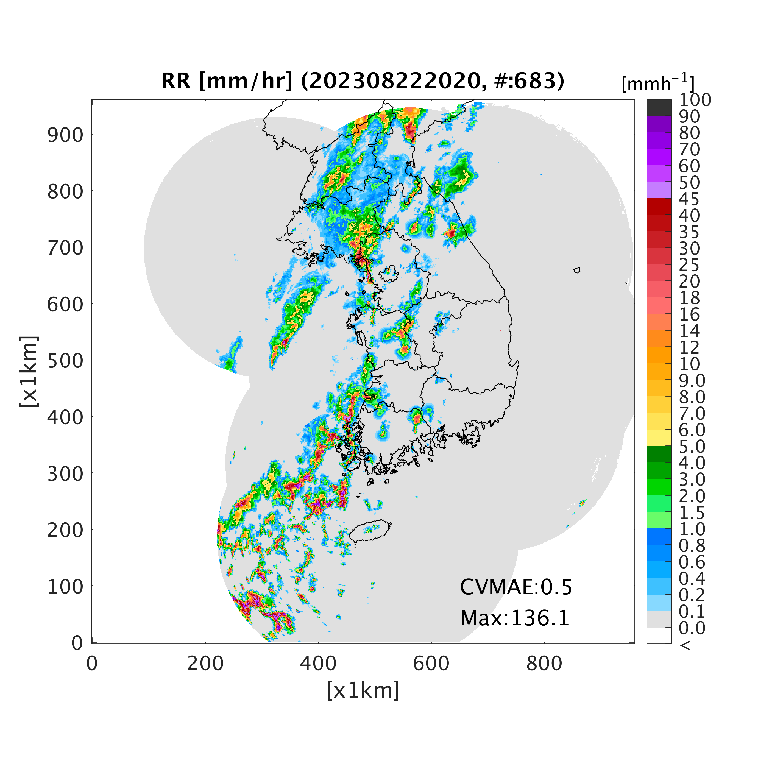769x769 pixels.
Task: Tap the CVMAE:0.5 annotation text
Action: (516, 587)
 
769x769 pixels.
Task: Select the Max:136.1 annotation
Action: (515, 618)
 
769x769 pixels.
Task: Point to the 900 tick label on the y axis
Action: (66, 135)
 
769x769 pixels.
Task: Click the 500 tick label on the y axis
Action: (66, 361)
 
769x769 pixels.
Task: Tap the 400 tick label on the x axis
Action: (318, 664)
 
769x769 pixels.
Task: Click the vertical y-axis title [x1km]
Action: (29, 371)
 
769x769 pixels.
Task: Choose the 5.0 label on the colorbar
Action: (692, 446)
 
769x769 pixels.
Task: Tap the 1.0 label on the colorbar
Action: (692, 529)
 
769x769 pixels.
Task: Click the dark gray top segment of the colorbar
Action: (659, 107)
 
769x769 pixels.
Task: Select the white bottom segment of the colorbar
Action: (659, 635)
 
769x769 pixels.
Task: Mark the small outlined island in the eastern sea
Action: (577, 270)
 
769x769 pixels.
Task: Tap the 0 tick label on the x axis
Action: (92, 664)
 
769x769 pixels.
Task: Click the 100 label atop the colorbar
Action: (695, 100)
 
